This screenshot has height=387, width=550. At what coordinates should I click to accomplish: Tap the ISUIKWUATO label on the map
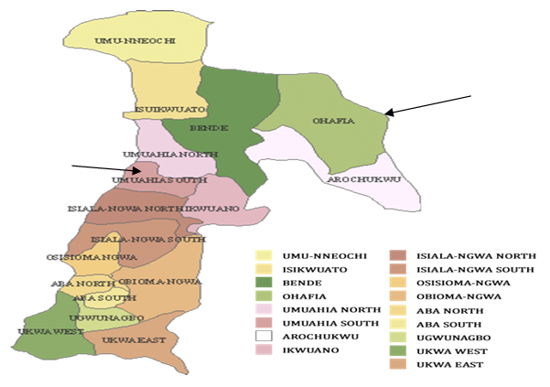coord(163,110)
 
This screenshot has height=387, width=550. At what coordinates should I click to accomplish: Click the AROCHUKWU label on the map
coord(364,179)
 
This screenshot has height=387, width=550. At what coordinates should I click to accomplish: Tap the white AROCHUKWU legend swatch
coord(265,333)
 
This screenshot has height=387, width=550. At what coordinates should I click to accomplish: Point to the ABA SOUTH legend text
coord(442,317)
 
